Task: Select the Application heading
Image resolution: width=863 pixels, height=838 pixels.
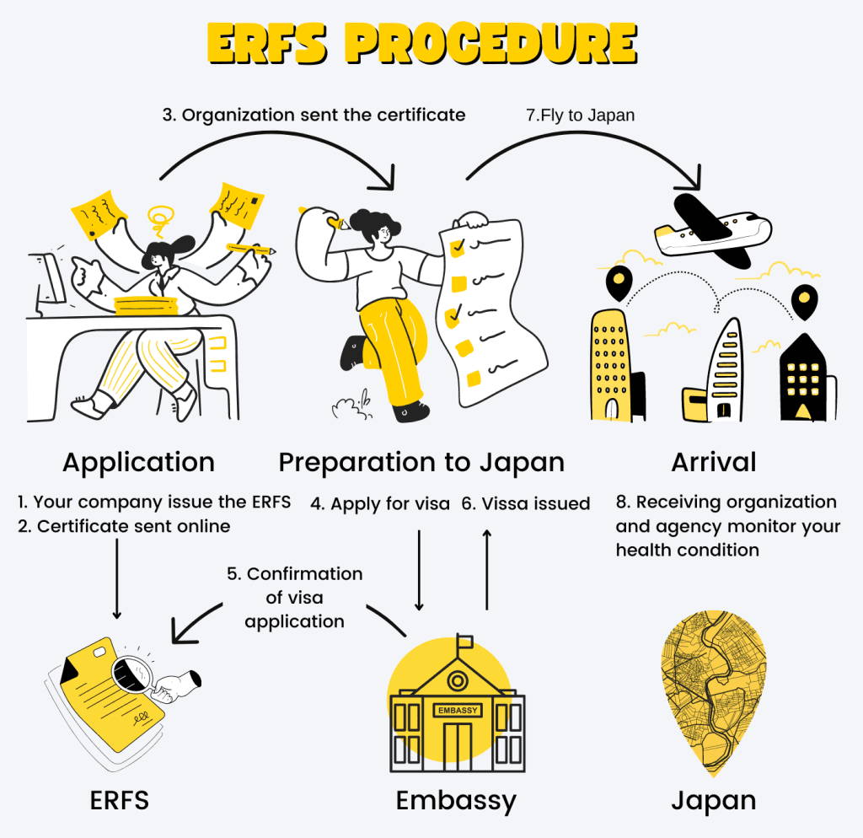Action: click(138, 462)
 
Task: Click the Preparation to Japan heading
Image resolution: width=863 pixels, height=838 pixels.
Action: click(421, 462)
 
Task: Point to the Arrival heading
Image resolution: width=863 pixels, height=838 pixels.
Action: click(714, 462)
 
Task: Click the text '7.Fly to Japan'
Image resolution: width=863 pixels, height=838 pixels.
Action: click(580, 115)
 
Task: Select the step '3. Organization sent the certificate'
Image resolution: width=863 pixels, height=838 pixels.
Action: click(314, 115)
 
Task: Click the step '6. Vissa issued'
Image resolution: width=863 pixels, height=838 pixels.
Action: click(526, 504)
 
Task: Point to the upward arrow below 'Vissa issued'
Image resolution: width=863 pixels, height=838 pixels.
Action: click(486, 568)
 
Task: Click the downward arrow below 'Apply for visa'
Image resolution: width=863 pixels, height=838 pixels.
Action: click(419, 568)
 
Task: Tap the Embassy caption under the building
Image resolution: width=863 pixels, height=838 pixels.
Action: click(456, 800)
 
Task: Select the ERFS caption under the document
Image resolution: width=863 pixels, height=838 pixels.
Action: click(120, 800)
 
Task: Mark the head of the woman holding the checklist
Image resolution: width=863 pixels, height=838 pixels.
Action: click(373, 226)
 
